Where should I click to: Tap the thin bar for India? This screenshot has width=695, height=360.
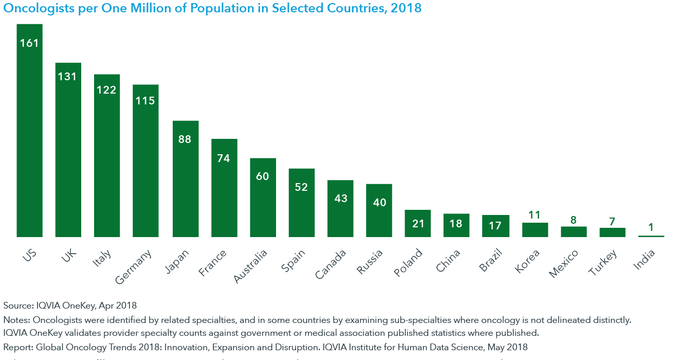651,236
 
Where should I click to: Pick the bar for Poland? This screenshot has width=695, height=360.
417,224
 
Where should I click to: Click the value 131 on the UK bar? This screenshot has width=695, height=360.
67,77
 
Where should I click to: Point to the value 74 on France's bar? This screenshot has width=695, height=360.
224,158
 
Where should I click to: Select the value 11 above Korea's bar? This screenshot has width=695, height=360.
535,215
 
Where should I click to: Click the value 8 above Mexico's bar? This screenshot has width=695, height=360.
574,220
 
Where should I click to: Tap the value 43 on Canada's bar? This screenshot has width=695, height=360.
340,198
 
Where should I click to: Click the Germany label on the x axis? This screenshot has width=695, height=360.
133,267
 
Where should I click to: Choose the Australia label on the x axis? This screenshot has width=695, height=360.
250,266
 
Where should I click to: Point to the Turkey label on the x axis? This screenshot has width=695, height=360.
603,262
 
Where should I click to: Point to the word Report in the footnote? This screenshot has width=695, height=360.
16,347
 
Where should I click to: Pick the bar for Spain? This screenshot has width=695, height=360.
301,203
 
